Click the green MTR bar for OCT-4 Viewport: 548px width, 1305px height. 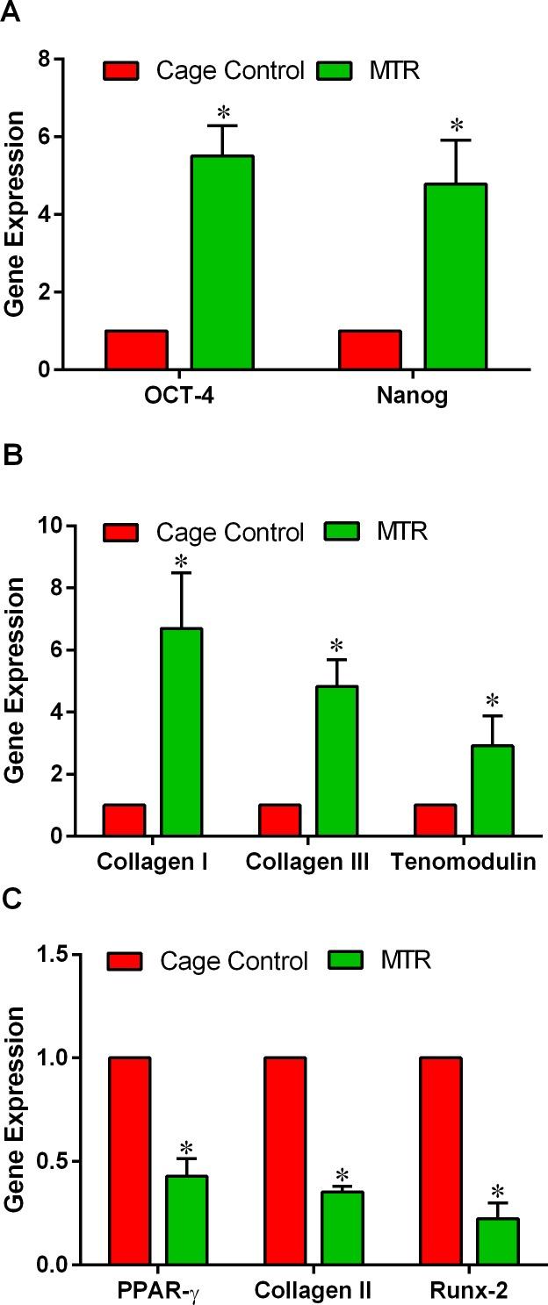(222, 262)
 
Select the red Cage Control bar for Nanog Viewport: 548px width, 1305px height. (370, 350)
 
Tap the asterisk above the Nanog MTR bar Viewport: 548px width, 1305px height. (456, 124)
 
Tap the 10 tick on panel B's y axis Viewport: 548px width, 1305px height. (50, 526)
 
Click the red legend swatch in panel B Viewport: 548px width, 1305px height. (122, 532)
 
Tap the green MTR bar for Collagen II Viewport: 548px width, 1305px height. (342, 1228)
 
